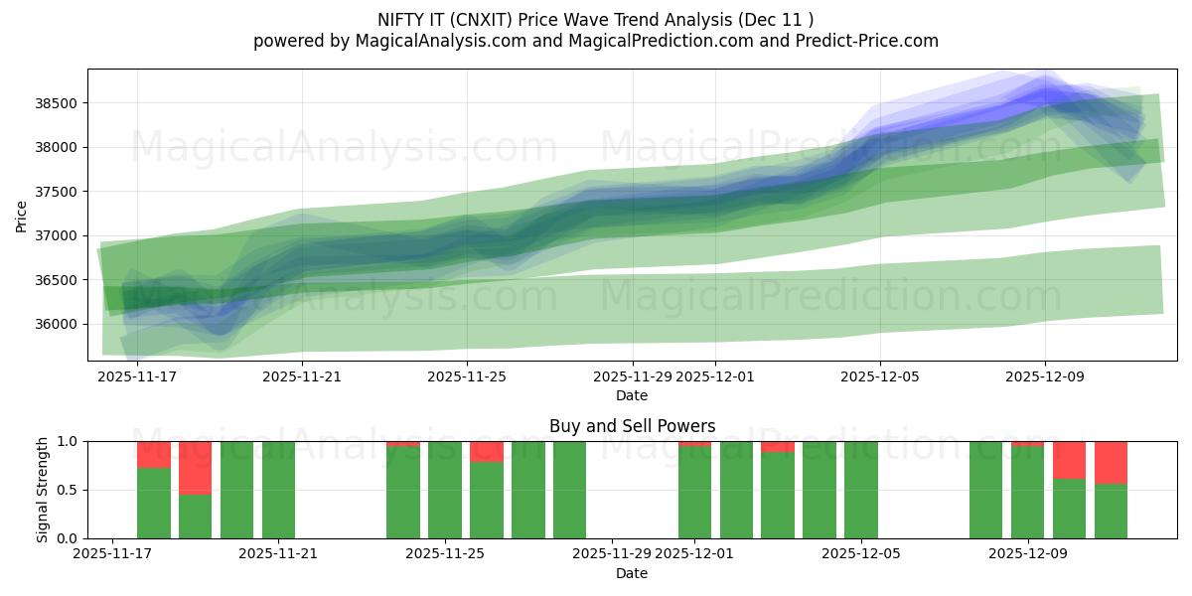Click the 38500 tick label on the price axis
[58, 103]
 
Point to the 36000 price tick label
[58, 324]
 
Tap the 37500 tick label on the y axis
[58, 192]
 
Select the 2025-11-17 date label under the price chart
[137, 376]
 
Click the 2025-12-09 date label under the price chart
[1044, 376]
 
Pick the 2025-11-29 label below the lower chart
[611, 554]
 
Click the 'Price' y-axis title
[22, 216]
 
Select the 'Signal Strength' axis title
[42, 490]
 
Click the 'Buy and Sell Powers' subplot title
[632, 426]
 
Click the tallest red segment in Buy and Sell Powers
[195, 468]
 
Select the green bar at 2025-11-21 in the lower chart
[278, 490]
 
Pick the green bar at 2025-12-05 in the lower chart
[861, 490]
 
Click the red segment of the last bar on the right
[1111, 462]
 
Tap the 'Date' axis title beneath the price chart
[632, 395]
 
